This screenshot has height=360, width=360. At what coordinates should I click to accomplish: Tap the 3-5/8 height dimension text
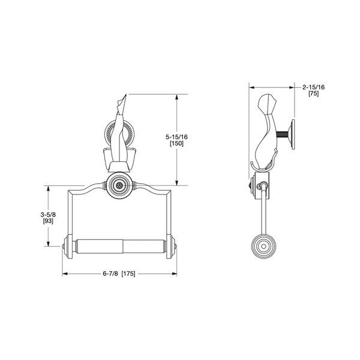[49, 214]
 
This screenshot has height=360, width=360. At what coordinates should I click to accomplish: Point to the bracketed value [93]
[49, 221]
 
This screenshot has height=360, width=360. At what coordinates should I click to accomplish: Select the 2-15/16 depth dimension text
[314, 87]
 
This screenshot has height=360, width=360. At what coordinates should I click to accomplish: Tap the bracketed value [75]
[313, 94]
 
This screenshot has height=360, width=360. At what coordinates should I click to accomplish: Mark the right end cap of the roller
[175, 247]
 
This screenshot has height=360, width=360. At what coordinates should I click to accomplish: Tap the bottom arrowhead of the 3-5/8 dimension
[49, 244]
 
